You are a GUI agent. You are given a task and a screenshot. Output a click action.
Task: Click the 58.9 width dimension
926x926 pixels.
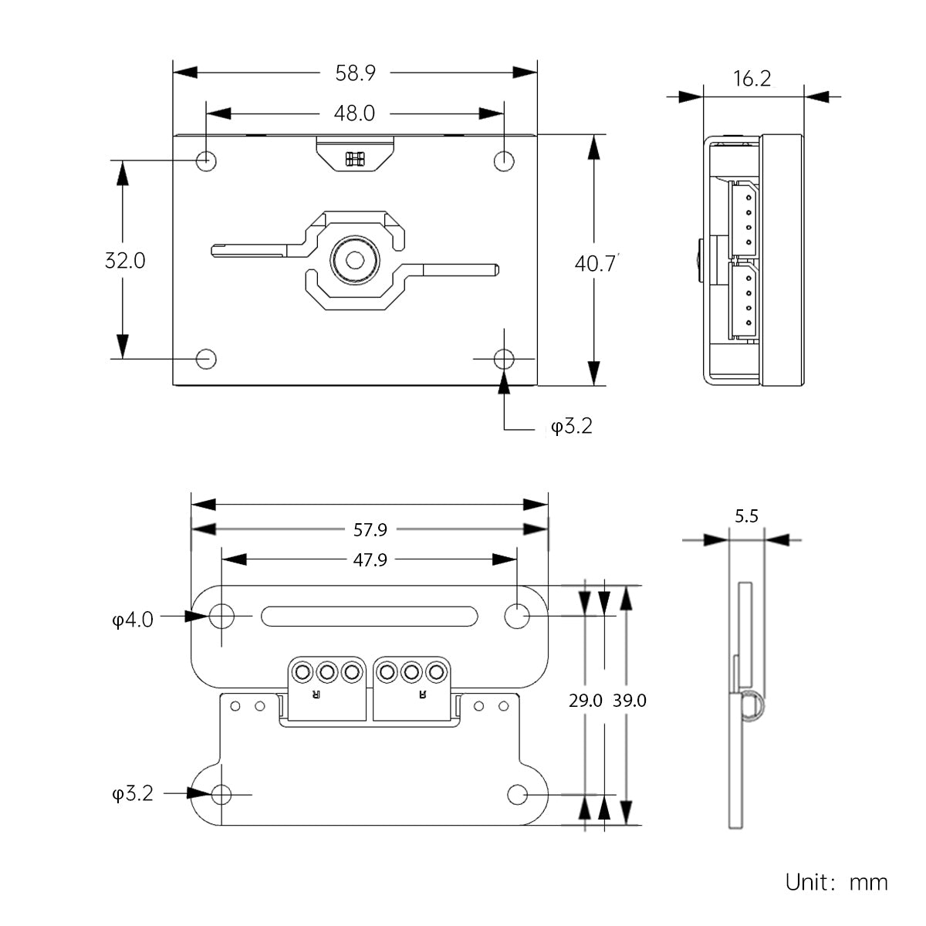[x=355, y=73]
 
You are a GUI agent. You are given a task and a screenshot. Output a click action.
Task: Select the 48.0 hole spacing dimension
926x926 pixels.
[x=354, y=113]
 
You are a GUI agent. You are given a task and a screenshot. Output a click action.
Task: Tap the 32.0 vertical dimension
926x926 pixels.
[x=125, y=260]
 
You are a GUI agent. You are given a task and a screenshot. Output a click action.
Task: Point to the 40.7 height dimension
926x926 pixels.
[x=595, y=263]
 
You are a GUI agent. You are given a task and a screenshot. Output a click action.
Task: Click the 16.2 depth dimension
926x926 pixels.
[x=752, y=79]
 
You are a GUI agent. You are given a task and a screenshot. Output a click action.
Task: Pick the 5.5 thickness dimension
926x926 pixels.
[x=746, y=516]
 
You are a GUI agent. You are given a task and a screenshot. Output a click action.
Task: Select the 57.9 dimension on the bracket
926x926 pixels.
[x=370, y=530]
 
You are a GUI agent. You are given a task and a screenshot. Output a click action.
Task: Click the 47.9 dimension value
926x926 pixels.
[x=370, y=560]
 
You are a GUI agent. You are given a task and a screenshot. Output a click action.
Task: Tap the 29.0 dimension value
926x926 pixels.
[x=586, y=701]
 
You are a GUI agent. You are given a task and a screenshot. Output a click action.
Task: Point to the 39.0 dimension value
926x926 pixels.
[x=630, y=701]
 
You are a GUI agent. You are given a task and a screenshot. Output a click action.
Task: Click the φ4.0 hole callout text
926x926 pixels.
[x=133, y=619]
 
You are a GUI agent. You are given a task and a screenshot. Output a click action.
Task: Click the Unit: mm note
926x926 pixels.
[x=836, y=882]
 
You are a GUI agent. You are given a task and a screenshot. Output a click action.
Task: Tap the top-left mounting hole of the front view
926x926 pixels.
[x=206, y=161]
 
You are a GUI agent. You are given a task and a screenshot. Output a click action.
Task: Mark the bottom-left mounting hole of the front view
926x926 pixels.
[x=206, y=359]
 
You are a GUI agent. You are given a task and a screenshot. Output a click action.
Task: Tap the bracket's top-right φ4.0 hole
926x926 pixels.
[x=517, y=616]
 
